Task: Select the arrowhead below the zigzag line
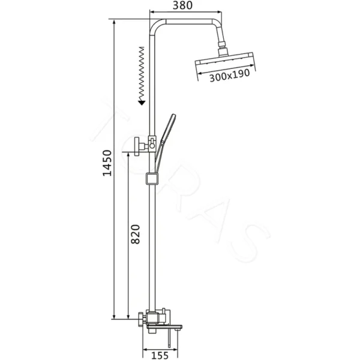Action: pos(142,102)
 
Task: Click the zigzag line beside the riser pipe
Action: pos(142,72)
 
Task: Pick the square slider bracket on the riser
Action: pos(152,178)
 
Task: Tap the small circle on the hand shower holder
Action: pos(152,144)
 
